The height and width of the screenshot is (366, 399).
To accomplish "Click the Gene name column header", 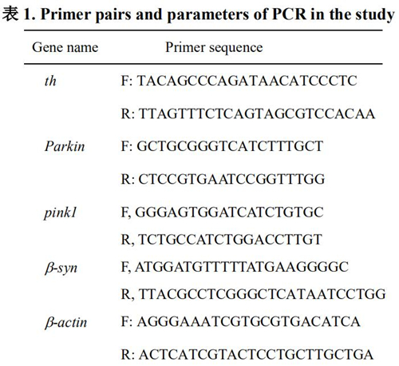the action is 65,47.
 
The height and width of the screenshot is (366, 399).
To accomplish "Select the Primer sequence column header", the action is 214,48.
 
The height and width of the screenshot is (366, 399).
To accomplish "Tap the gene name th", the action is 50,81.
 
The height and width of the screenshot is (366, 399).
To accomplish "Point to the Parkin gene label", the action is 65,146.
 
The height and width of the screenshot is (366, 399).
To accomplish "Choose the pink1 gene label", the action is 61,213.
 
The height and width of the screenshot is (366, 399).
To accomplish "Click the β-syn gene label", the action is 61,269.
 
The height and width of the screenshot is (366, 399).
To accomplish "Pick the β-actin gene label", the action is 65,322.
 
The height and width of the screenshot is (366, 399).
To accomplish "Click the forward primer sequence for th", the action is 247,81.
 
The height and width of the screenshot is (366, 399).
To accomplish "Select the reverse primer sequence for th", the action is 257,113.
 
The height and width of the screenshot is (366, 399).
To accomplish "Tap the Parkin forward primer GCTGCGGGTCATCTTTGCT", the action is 230,146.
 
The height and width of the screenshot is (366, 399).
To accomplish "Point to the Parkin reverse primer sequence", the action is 231,179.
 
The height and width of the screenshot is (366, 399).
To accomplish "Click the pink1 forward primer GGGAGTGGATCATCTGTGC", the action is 229,213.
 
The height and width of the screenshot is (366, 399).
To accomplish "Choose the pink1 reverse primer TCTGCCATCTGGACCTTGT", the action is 231,240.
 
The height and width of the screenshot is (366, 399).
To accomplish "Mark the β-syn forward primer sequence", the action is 242,267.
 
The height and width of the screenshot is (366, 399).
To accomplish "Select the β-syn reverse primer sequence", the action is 262,294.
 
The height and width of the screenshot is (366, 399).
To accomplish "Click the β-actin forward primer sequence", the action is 249,321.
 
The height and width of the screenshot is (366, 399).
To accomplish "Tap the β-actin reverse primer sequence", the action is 256,355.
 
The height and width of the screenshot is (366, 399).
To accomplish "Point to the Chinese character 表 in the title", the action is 10,14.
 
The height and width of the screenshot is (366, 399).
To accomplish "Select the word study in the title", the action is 375,15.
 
